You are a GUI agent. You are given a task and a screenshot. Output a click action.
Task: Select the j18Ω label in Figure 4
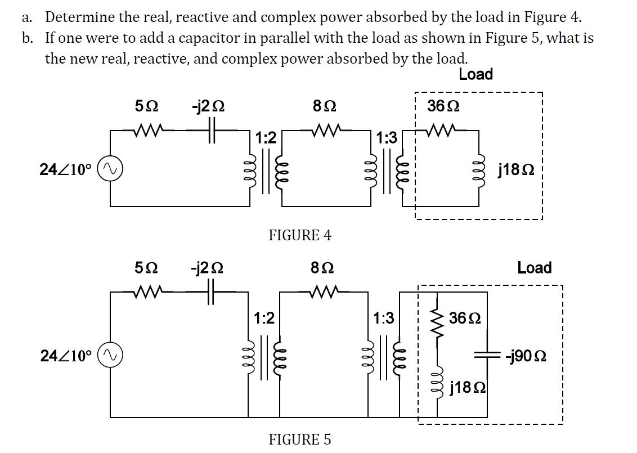tap(514, 169)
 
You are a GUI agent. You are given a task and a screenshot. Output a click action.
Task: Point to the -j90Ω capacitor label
tap(526, 356)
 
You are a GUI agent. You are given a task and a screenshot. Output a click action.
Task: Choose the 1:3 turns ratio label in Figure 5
tap(384, 319)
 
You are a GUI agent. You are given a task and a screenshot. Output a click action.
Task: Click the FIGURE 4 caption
tap(300, 235)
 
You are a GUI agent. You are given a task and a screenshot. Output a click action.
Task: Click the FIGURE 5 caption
tap(300, 439)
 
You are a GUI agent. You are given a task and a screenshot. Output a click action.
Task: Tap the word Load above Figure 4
tap(475, 74)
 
